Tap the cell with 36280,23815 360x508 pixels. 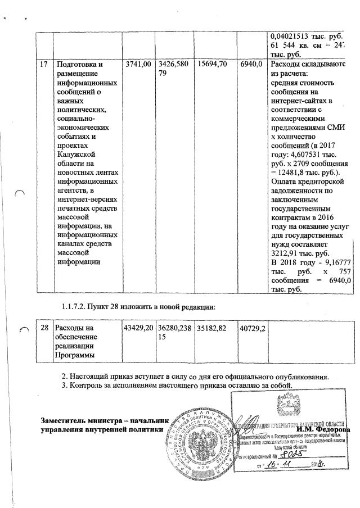coord(174,332)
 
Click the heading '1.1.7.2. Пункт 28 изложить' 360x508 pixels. coord(138,307)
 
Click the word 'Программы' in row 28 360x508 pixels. coord(76,355)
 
